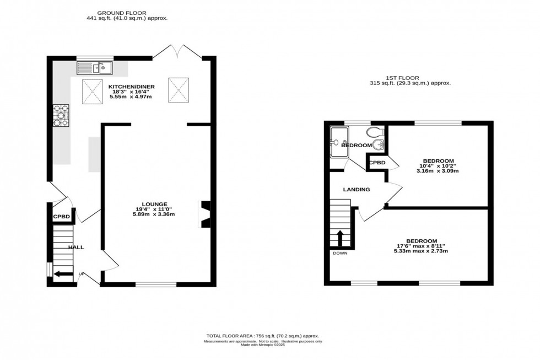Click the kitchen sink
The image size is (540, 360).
click(x=95, y=68)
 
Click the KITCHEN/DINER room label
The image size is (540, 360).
click(x=131, y=87)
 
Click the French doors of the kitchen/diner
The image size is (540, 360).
click(x=177, y=51)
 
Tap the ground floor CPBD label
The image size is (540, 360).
click(x=61, y=217)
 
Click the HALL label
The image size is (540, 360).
click(x=76, y=247)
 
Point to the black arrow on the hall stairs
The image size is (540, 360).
click(x=64, y=273)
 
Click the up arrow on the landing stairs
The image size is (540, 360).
click(x=339, y=239)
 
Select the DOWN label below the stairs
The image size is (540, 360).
click(x=339, y=253)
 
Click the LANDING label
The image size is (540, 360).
click(x=356, y=190)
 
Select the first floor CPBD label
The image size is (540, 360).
click(x=376, y=163)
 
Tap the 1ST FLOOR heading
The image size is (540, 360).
click(x=411, y=78)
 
